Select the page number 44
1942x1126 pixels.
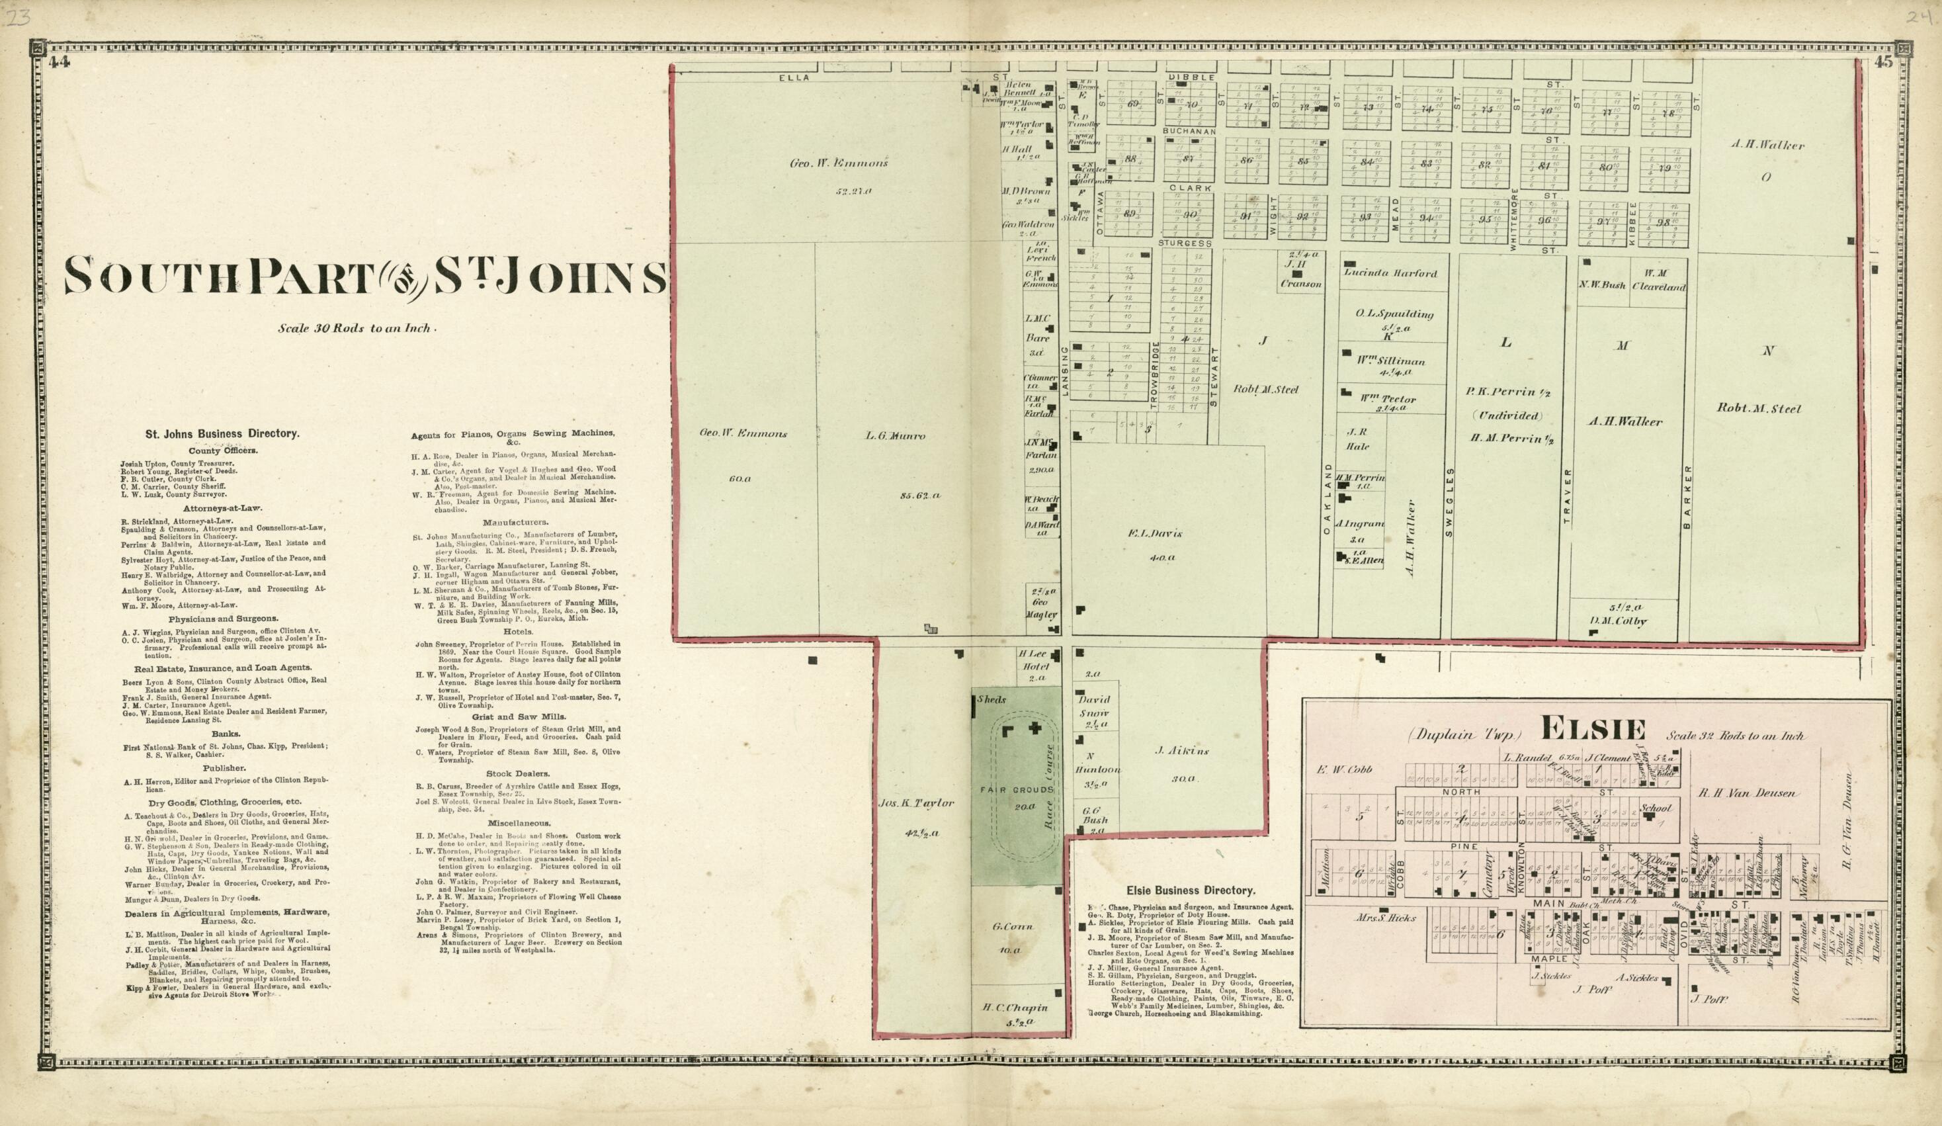point(59,64)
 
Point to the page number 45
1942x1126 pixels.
point(1882,64)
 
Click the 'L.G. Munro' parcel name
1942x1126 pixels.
point(895,436)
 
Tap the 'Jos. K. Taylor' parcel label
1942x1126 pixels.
point(916,803)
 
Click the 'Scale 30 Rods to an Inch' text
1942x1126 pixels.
point(359,328)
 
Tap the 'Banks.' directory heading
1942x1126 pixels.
point(228,734)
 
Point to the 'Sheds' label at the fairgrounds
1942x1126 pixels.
point(991,700)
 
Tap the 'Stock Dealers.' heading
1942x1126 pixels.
point(518,773)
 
